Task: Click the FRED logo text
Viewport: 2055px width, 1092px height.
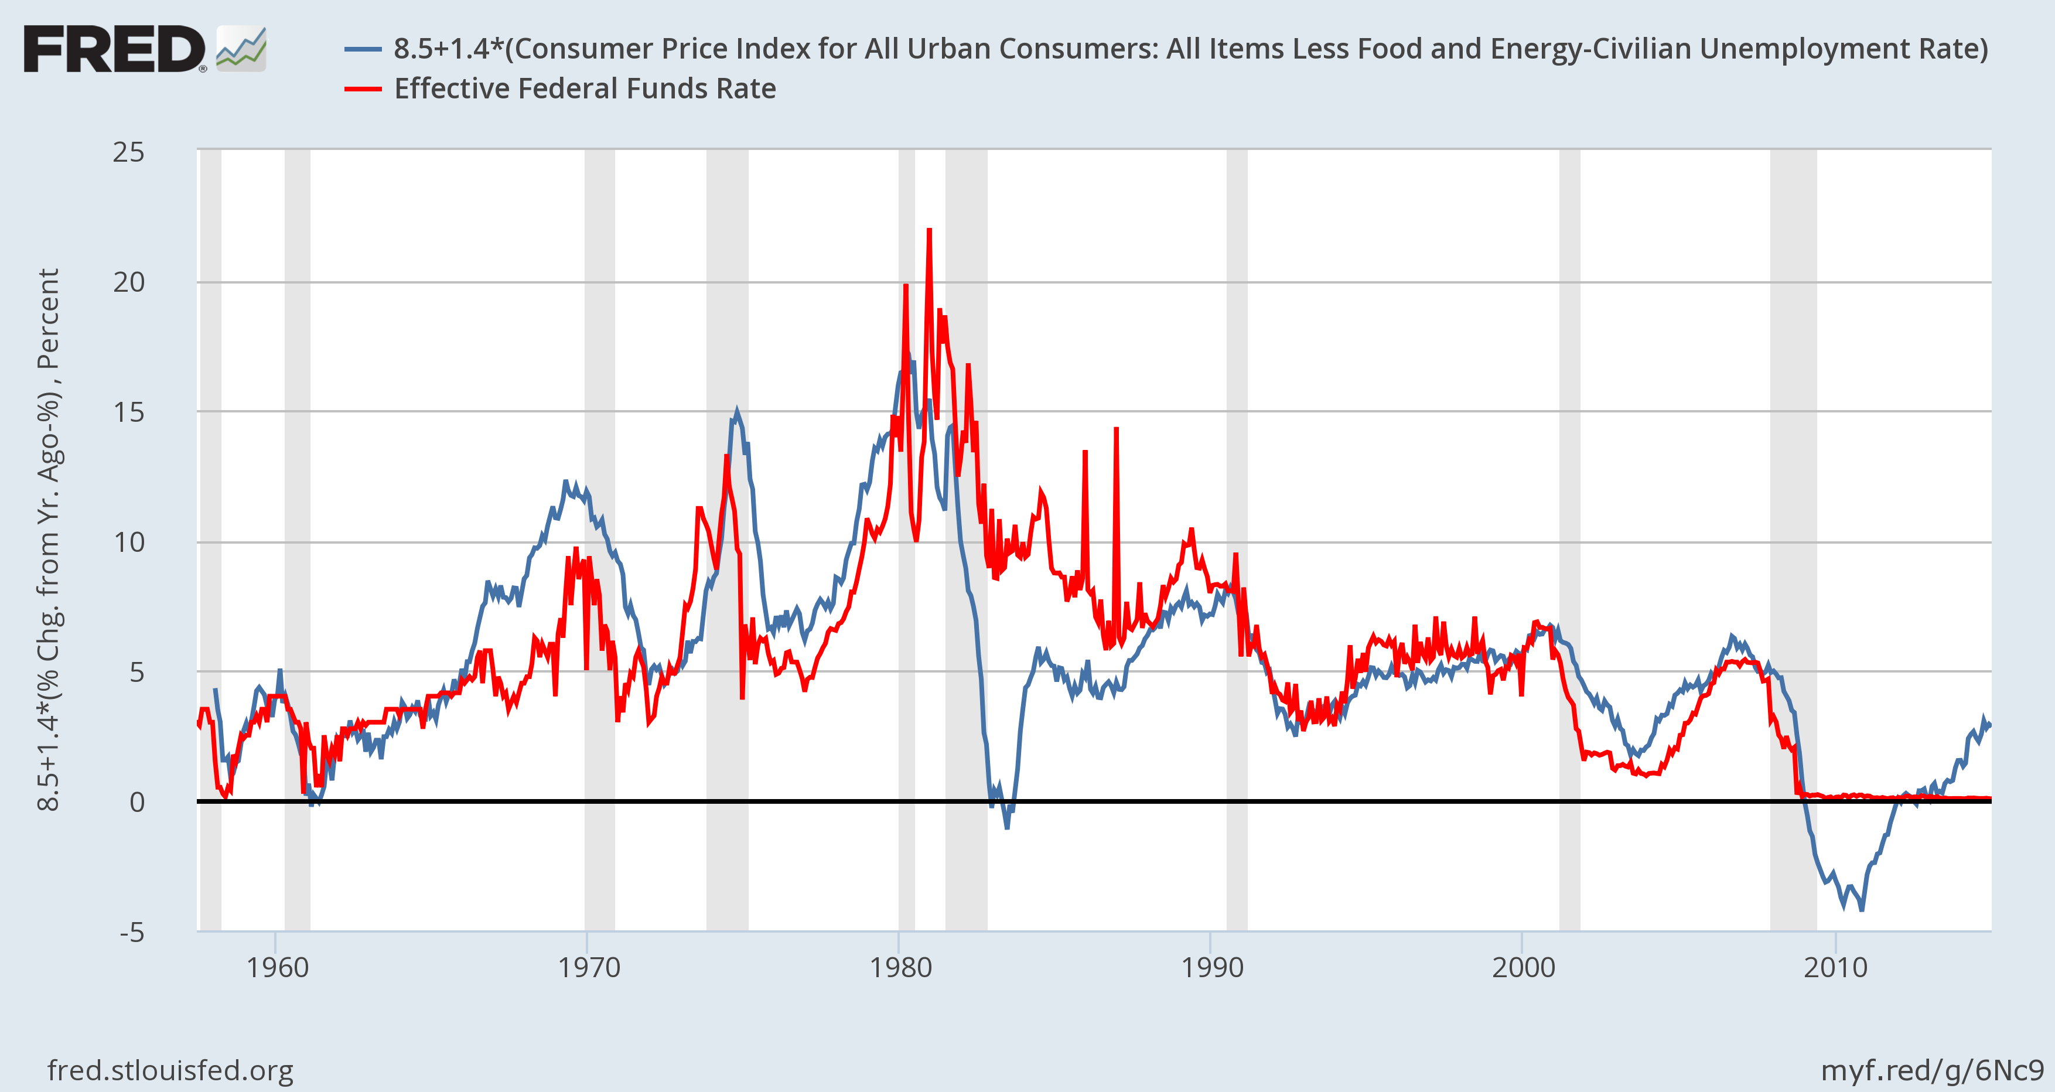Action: (x=114, y=49)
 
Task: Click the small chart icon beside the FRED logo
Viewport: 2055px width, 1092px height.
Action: (x=241, y=49)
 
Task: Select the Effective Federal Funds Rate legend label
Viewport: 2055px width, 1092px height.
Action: (x=585, y=88)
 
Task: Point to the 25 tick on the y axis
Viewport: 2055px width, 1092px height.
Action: (x=128, y=152)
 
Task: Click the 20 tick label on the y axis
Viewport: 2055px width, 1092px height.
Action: (x=128, y=282)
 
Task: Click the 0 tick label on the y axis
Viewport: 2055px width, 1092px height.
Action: (x=137, y=801)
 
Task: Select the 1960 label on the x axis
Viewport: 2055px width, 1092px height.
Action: (x=277, y=968)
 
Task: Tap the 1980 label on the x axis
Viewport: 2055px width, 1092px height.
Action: (x=900, y=968)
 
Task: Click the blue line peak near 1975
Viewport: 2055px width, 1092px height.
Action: (x=736, y=412)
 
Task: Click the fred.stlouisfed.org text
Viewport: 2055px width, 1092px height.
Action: (x=170, y=1070)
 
